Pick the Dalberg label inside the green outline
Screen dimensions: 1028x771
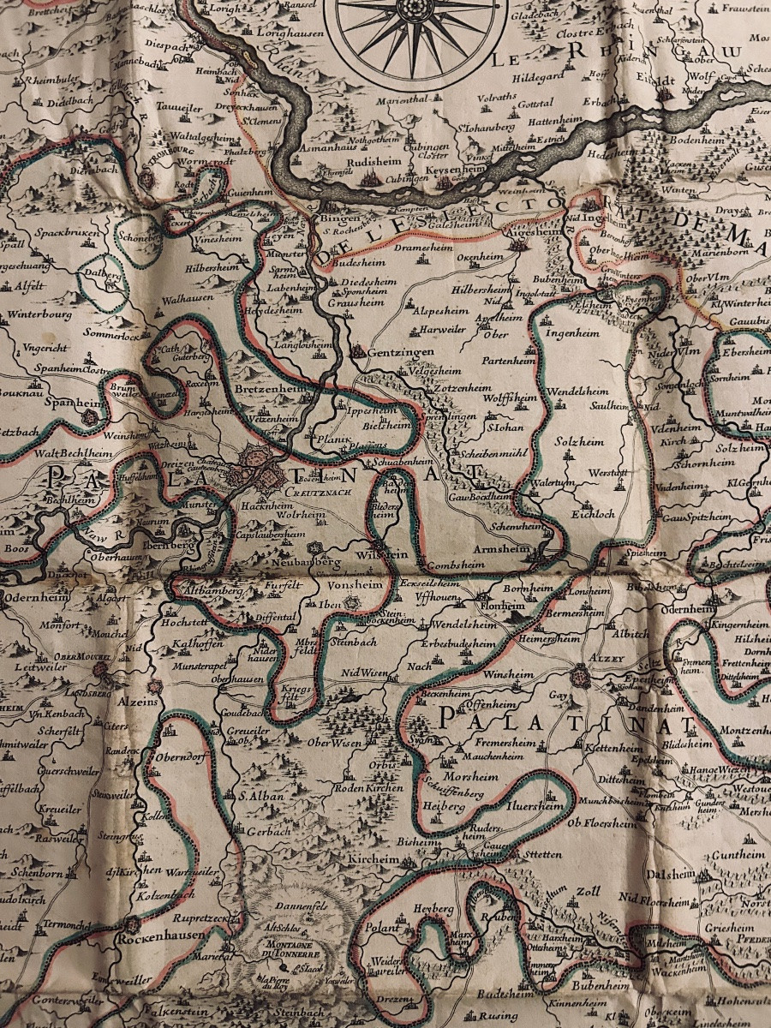(x=101, y=276)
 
